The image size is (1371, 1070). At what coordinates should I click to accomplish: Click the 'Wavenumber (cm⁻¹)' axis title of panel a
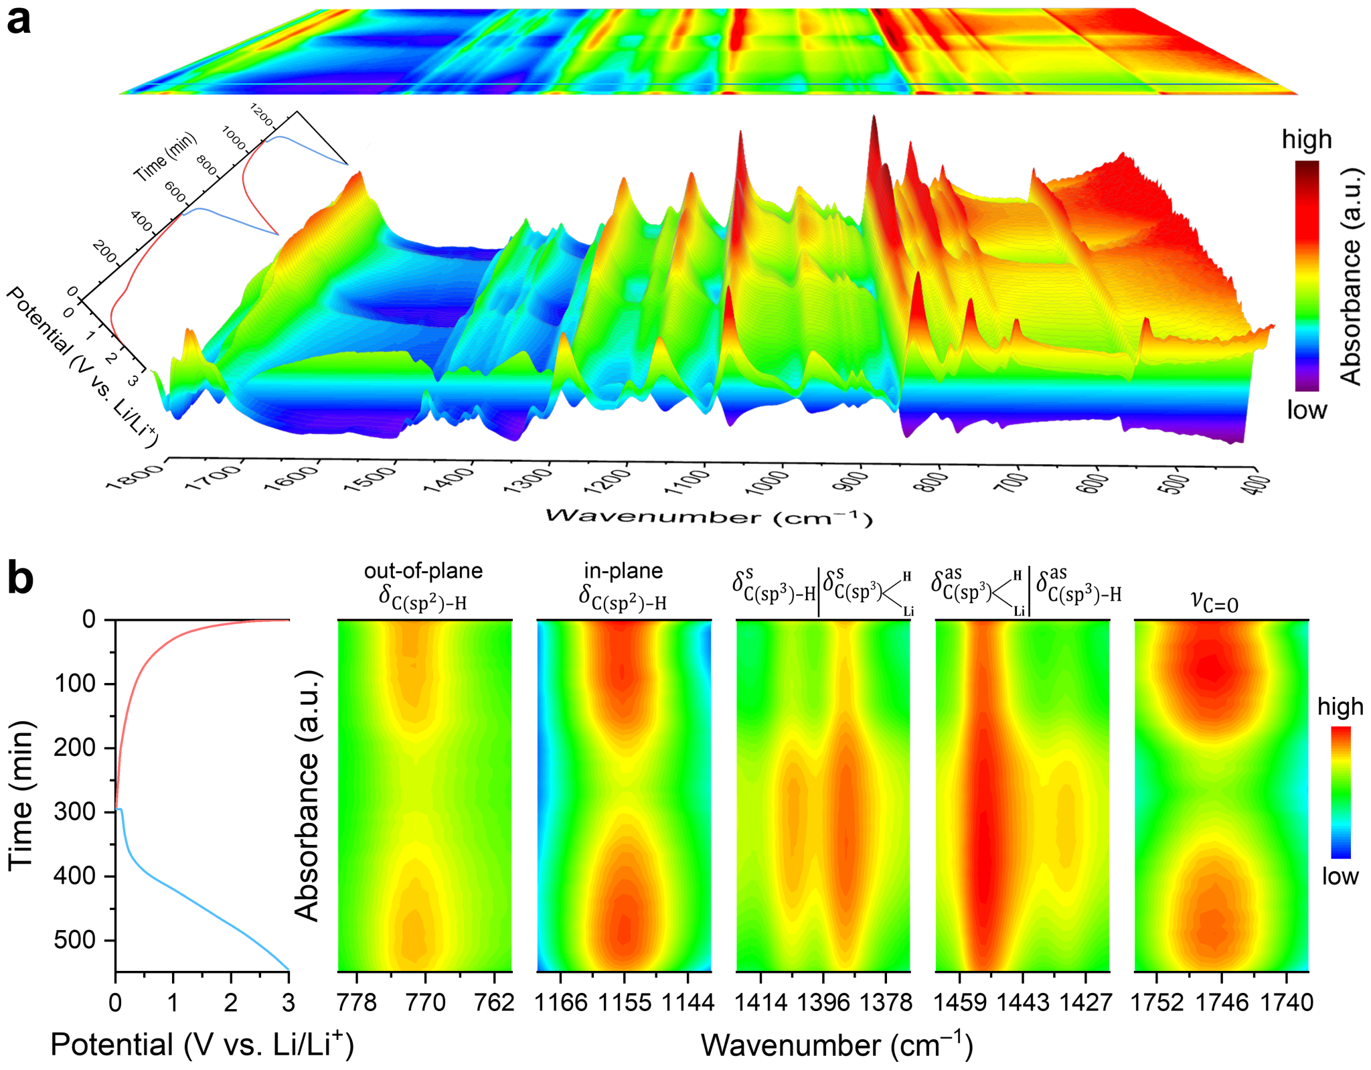[x=709, y=517]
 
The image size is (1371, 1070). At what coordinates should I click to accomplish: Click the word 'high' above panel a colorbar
[x=1307, y=139]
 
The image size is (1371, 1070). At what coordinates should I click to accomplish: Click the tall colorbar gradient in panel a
[x=1307, y=275]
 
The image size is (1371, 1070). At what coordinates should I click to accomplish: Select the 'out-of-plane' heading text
[x=423, y=570]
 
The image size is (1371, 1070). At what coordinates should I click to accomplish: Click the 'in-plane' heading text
[x=623, y=570]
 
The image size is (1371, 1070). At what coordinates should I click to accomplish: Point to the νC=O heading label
[x=1215, y=601]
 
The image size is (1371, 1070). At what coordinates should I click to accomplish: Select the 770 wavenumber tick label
[x=426, y=1002]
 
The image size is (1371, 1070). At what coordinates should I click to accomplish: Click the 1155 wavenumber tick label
[x=625, y=1002]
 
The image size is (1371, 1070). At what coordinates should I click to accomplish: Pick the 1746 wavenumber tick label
[x=1222, y=1002]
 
